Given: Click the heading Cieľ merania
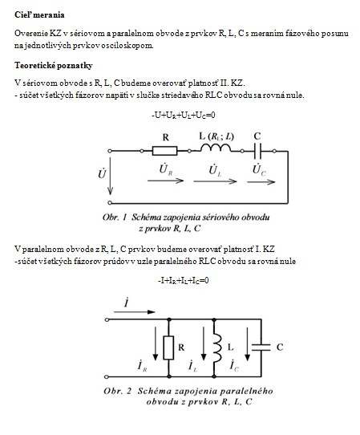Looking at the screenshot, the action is pyautogui.click(x=39, y=15).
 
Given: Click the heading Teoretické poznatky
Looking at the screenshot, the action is pyautogui.click(x=54, y=66).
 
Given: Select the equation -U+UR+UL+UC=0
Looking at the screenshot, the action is pyautogui.click(x=183, y=116).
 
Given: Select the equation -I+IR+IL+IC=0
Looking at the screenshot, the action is pyautogui.click(x=183, y=281).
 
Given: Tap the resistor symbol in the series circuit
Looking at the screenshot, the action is pyautogui.click(x=164, y=151).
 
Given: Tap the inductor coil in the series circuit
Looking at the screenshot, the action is pyautogui.click(x=216, y=148).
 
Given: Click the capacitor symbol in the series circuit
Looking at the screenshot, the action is pyautogui.click(x=257, y=151).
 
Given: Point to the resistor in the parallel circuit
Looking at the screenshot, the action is pyautogui.click(x=168, y=348).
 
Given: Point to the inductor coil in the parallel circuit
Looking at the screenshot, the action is pyautogui.click(x=217, y=348).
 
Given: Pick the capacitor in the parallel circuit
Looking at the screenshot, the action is pyautogui.click(x=261, y=348).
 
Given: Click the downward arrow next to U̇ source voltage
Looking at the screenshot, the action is pyautogui.click(x=110, y=176).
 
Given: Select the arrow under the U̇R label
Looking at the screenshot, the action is pyautogui.click(x=165, y=181).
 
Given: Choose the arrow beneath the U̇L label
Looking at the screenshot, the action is pyautogui.click(x=215, y=181).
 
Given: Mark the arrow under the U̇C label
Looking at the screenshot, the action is pyautogui.click(x=261, y=182).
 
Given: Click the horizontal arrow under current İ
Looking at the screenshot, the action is pyautogui.click(x=135, y=312).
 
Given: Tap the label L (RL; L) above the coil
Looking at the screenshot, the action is pyautogui.click(x=216, y=136).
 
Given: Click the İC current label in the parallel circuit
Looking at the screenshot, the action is pyautogui.click(x=234, y=365).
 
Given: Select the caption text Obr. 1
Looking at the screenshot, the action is pyautogui.click(x=115, y=217).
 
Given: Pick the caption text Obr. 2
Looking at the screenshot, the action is pyautogui.click(x=118, y=391).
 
